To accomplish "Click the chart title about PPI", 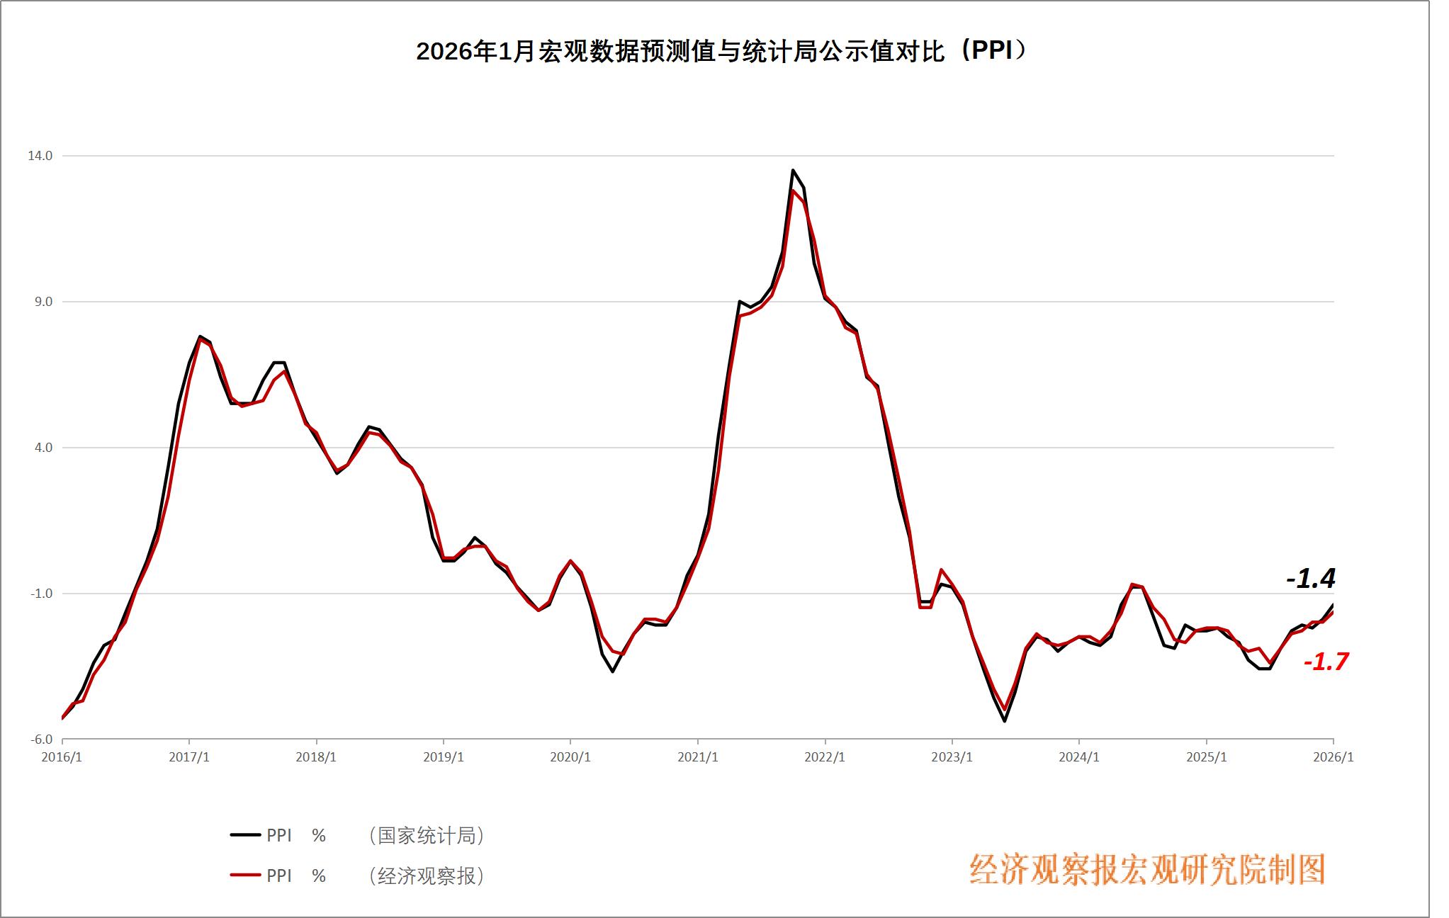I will pos(721,51).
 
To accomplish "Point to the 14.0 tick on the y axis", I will pos(40,156).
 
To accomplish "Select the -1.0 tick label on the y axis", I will pos(41,594).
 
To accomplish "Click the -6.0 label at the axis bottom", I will pos(41,739).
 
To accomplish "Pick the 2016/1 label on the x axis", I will pos(62,757).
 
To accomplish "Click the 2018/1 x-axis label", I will pos(316,757).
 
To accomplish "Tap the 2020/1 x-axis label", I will pos(570,757).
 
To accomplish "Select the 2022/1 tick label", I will pos(825,757).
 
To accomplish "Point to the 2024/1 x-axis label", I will pos(1079,757).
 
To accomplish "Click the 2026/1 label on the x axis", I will pos(1333,757).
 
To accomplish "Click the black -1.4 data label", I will pos(1311,579).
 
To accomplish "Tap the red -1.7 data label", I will pos(1326,662).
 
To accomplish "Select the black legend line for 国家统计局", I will pos(245,835).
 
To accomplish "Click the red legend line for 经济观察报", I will pos(245,875).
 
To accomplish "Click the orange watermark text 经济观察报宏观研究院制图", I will pos(1147,870).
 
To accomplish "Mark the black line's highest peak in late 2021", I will pos(793,170).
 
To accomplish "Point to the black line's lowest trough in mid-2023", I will pos(1005,721).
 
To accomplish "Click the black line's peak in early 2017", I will pos(200,336).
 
